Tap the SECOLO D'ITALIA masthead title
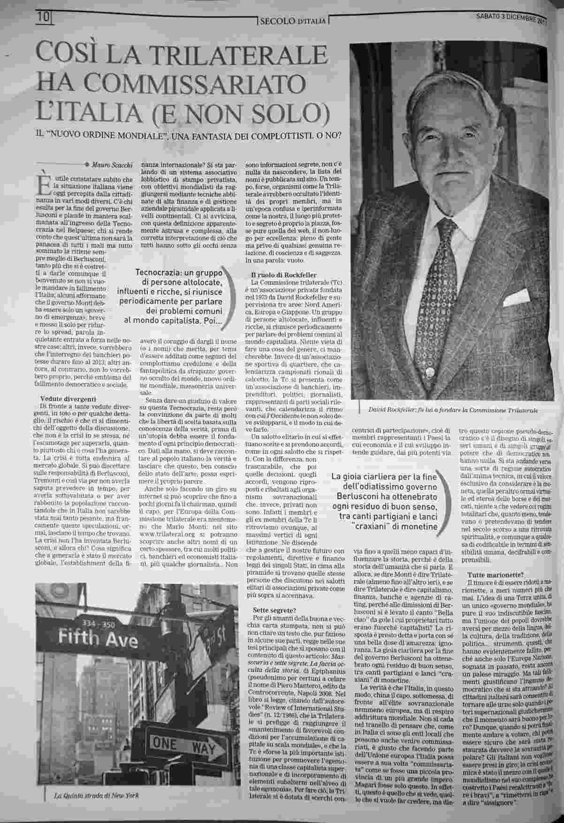[293, 21]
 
